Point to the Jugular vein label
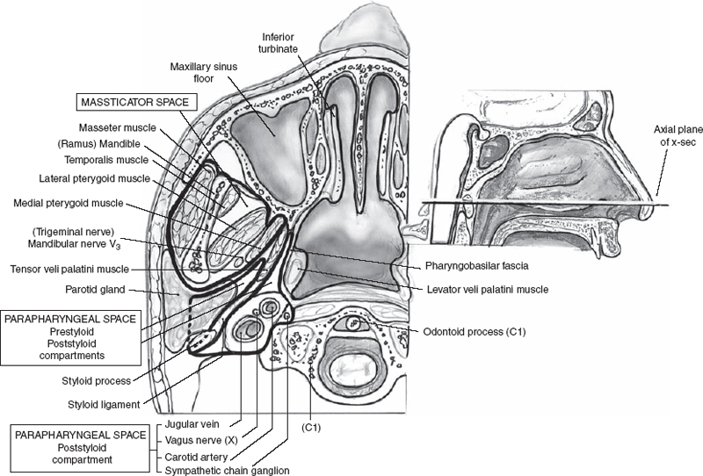[x=187, y=423]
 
